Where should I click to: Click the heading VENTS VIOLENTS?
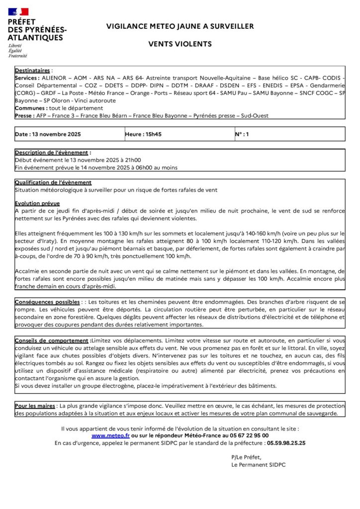(180, 44)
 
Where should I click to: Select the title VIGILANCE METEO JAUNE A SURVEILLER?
(180, 26)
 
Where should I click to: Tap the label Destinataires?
(33, 71)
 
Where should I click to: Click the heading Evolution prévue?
(37, 203)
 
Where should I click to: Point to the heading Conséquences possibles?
(47, 302)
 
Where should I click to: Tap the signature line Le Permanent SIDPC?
(258, 464)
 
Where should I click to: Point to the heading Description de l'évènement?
(53, 153)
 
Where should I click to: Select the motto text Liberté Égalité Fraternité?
(18, 50)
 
